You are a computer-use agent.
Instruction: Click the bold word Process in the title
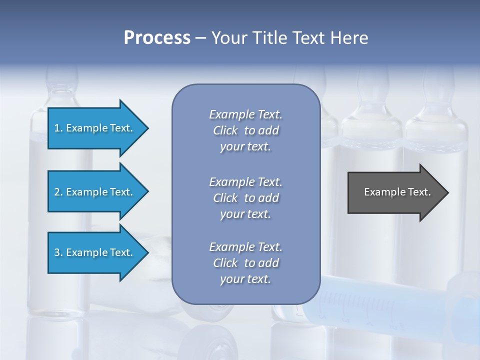tap(157, 38)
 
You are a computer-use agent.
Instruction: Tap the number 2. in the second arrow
tap(58, 192)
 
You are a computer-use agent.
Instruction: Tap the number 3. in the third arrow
tap(58, 252)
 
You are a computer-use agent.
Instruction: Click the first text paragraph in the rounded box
tap(245, 130)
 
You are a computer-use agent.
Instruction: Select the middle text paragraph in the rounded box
tap(245, 198)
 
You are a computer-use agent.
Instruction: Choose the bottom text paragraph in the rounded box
tap(245, 263)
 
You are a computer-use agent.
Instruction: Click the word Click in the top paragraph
tap(225, 130)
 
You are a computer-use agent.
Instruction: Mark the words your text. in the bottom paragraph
tap(245, 279)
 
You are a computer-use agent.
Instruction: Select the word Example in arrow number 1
tap(86, 128)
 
